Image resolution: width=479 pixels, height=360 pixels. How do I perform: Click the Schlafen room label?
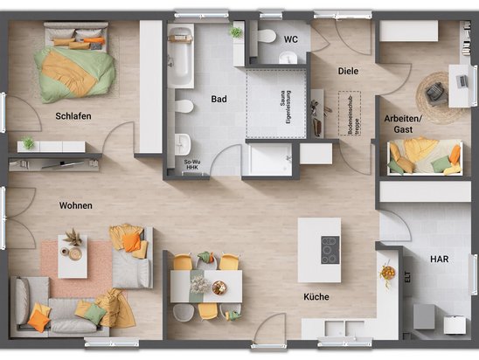[73, 116]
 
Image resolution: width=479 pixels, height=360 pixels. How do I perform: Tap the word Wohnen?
[75, 206]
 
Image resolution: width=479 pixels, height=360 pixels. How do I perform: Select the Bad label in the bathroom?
[219, 100]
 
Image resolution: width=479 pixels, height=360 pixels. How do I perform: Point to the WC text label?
[290, 38]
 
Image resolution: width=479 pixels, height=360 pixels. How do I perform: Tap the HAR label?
[439, 260]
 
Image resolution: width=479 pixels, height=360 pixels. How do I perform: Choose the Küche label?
[316, 297]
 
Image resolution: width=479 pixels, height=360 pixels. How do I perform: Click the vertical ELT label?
[406, 278]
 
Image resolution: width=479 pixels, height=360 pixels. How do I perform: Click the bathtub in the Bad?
[180, 57]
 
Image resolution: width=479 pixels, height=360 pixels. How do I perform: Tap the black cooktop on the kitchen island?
[330, 250]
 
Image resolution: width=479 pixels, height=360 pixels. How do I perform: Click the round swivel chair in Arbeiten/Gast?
[434, 89]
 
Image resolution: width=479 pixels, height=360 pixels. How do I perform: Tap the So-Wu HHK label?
[192, 163]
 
